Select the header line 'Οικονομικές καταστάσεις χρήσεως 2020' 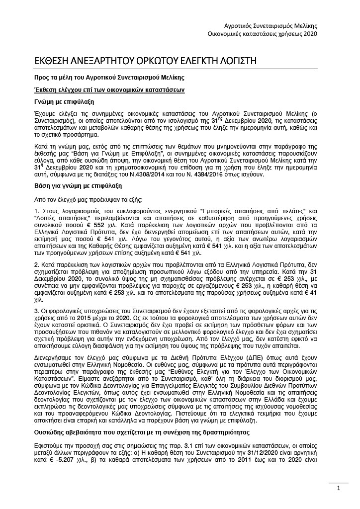point(262,33)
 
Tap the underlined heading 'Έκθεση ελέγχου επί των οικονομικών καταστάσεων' point(106,89)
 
